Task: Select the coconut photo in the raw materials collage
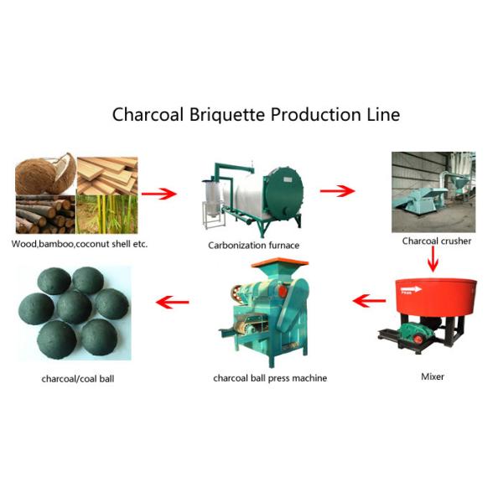tap(45, 174)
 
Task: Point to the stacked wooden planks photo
tap(106, 174)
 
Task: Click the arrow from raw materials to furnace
tap(158, 194)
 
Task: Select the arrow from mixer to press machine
tap(368, 299)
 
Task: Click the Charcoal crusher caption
tap(436, 241)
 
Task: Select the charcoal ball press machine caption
tap(270, 378)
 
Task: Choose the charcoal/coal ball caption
tap(78, 378)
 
